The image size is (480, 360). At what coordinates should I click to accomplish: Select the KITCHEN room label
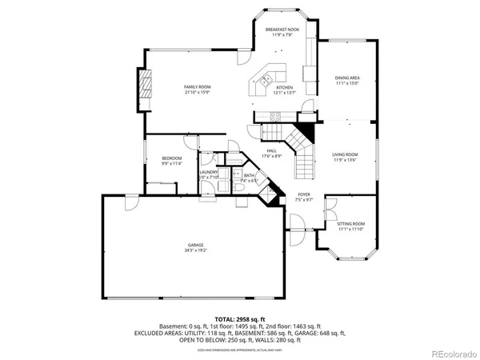click(284, 87)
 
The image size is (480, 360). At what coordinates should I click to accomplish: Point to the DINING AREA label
click(347, 78)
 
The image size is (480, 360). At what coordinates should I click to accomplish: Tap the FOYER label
click(304, 194)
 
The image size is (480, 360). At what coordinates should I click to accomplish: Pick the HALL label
click(271, 150)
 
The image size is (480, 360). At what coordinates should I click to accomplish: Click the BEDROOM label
click(172, 158)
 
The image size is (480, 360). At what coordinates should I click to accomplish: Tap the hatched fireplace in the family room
click(145, 83)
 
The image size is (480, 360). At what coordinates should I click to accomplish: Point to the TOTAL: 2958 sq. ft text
click(240, 319)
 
